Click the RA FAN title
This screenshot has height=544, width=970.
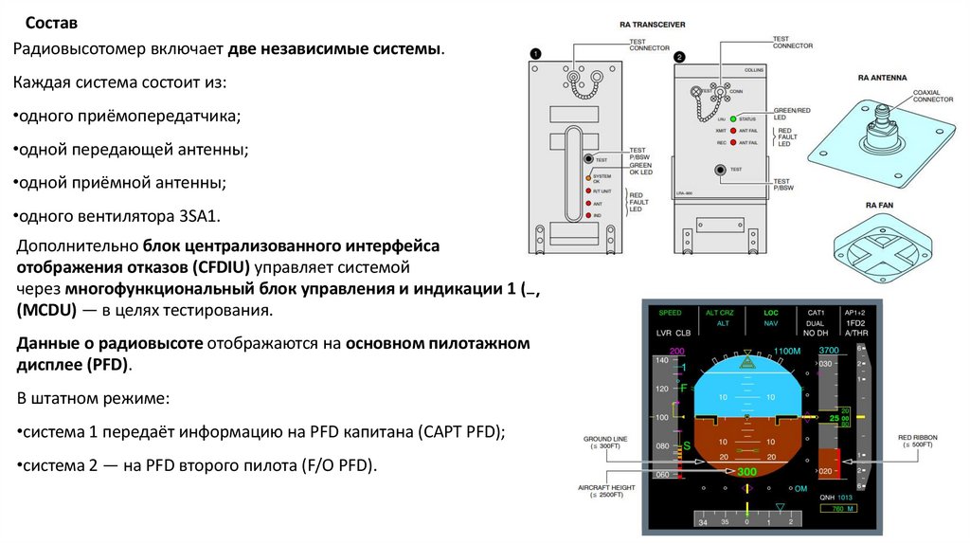coord(881,205)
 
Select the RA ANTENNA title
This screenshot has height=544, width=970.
coord(882,76)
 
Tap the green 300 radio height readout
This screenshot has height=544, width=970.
coord(746,472)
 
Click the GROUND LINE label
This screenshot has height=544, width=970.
coord(605,443)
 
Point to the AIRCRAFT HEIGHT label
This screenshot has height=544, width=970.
coord(603,489)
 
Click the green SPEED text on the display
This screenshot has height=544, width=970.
coord(670,313)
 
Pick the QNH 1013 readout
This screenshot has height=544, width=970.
coord(836,496)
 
